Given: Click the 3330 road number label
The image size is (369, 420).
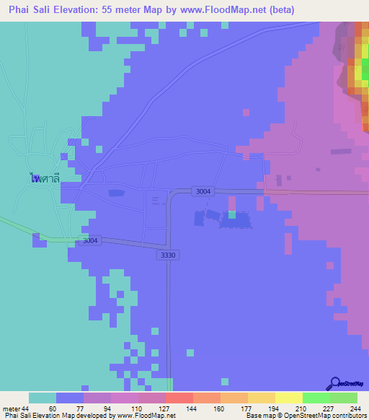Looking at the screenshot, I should pos(166,255).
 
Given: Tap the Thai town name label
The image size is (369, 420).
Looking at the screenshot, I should pos(44,177).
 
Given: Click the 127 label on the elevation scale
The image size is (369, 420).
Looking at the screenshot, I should pos(164,408).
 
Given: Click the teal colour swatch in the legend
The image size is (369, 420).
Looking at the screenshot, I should pos(43,398).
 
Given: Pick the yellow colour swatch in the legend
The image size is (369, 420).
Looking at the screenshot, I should pos(288,398).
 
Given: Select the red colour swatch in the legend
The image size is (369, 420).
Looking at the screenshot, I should pos(179,398).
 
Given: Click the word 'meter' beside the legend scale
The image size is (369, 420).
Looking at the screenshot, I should pos(10,408).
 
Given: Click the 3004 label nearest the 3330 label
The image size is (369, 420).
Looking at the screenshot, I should pos(90,240).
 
